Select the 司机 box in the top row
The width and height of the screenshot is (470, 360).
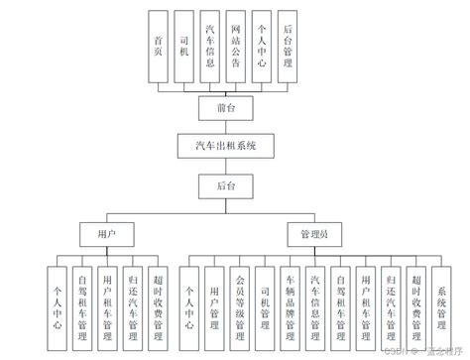[x=183, y=45]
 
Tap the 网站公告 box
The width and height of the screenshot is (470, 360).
[x=236, y=45]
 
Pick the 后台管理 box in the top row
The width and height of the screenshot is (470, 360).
[x=288, y=45]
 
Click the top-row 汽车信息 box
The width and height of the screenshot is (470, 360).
[x=210, y=45]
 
